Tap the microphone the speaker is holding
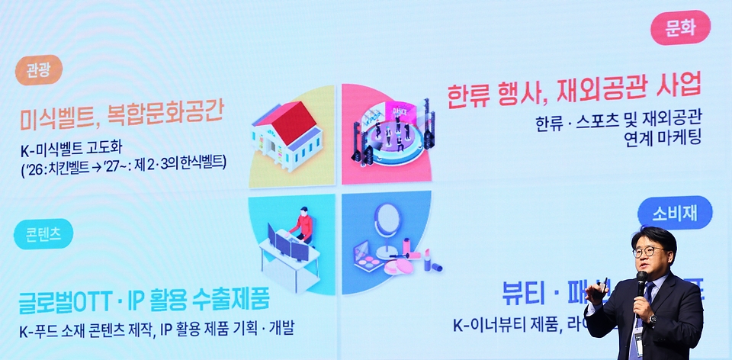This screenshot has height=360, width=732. (x=640, y=281)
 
